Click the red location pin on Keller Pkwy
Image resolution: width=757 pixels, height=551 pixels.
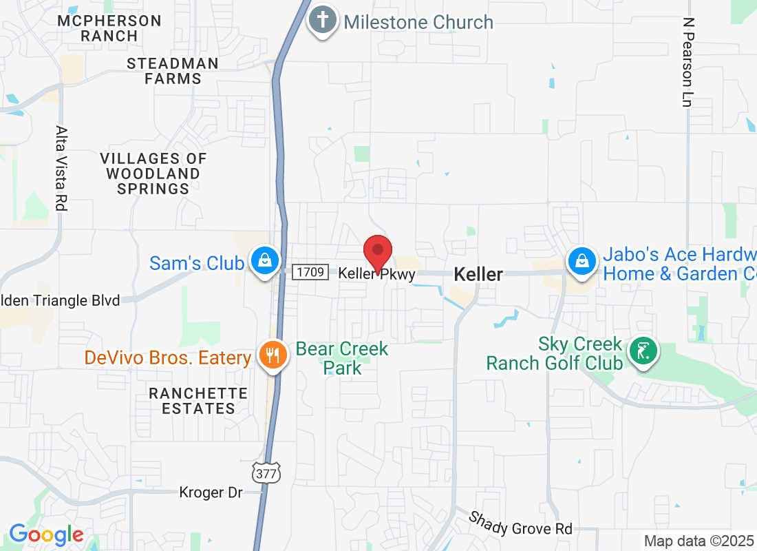[377, 252]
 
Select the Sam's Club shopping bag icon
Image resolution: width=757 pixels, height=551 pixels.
[264, 260]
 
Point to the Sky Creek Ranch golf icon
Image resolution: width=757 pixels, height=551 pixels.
[643, 351]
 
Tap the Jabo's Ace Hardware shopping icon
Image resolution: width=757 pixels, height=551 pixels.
[582, 261]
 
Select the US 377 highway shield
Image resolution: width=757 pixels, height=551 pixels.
[266, 473]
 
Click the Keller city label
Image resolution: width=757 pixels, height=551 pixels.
[478, 274]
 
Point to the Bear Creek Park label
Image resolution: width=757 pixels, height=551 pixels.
[342, 358]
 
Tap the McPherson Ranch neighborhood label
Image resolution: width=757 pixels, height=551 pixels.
[109, 28]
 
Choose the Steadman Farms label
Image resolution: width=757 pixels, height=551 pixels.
[173, 71]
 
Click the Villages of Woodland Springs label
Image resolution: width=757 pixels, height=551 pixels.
[153, 173]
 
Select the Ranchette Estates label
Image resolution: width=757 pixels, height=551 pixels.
[199, 400]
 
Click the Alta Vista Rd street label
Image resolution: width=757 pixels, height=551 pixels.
[62, 168]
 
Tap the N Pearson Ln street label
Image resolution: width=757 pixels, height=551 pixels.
[687, 62]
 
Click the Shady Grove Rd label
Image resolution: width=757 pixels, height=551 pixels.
[521, 523]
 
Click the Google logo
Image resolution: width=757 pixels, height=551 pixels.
[46, 534]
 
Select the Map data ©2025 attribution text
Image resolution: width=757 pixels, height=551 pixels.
[699, 541]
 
